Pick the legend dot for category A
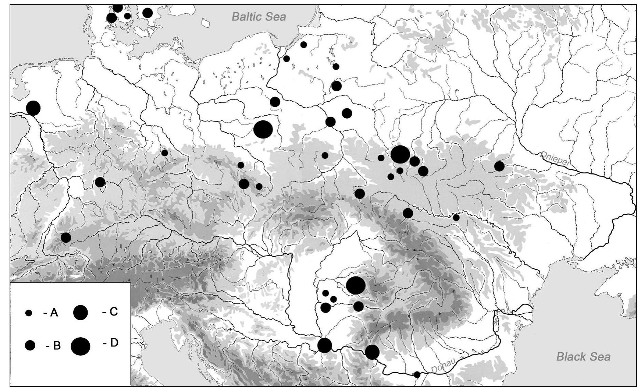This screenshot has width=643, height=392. point(29,313)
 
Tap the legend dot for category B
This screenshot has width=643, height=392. point(30,345)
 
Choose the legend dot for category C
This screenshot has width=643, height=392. point(80,313)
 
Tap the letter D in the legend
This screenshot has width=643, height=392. point(114,342)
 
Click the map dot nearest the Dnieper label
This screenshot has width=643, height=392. point(499,166)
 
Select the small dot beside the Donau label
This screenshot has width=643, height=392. point(417,375)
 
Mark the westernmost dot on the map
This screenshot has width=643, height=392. point(33,108)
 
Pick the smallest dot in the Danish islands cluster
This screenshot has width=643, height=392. point(127,16)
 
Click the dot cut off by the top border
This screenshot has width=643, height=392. point(117,8)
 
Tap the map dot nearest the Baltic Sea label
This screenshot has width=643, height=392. point(304,44)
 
